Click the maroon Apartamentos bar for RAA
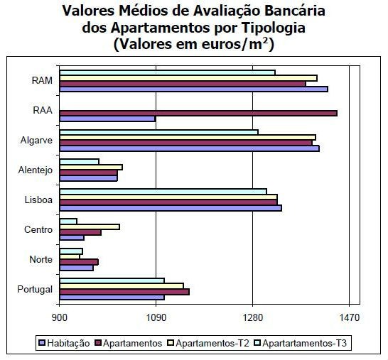pos(198,113)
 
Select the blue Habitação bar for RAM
pos(193,89)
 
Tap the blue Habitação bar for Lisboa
pos(171,208)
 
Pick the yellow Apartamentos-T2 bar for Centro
pos(90,227)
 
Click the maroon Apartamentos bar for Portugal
pos(124,292)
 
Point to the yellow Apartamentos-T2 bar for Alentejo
pos(91,167)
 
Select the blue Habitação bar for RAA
pos(107,119)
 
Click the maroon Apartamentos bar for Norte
pos(79,262)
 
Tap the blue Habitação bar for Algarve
pos(189,148)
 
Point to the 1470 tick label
pos(350,317)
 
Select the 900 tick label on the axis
pos(60,317)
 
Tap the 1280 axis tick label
pos(253,317)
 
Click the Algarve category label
pos(37,140)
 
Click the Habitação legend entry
pos(69,343)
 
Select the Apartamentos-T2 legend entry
pos(213,343)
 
